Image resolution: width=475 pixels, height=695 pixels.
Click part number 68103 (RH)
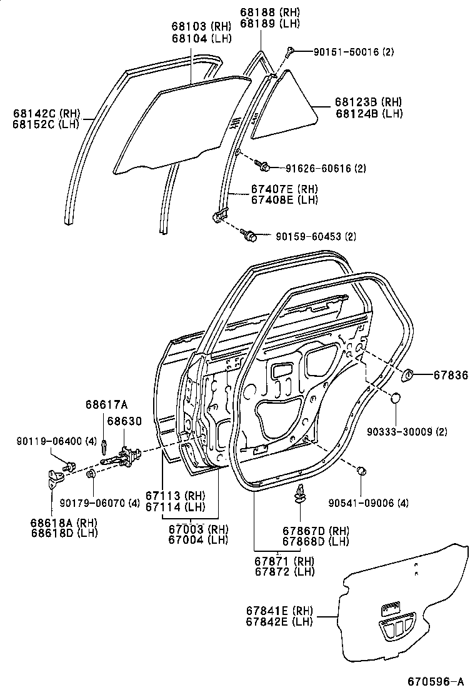pos(201,26)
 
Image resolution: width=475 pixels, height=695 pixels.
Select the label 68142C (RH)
pos(47,113)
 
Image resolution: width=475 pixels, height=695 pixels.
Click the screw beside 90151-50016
pos(291,52)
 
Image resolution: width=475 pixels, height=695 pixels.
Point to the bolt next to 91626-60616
pos(262,165)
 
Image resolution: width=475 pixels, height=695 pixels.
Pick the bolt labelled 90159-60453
pos(249,236)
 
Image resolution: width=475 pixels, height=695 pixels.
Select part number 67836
pos(447,375)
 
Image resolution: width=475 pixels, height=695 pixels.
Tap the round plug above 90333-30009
pos(396,397)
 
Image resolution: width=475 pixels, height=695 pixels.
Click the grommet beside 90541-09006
pos(361,471)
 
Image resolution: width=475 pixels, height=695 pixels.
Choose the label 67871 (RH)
pos(284,561)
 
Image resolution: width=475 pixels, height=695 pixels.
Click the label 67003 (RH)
pos(198,529)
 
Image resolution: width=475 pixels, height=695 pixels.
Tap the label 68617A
pos(102,404)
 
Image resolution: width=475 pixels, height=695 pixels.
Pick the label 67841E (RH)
pos(280,611)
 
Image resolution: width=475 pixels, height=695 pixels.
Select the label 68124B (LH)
pos(369,113)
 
